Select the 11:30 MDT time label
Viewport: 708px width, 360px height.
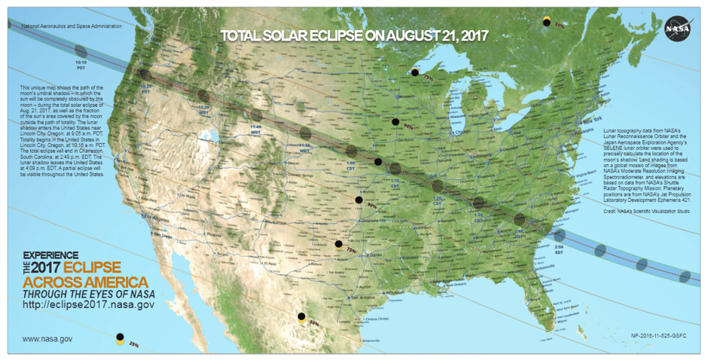click(x=203, y=109)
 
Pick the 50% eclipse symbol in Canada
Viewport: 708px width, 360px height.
click(x=548, y=23)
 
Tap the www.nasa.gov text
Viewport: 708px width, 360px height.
click(x=47, y=339)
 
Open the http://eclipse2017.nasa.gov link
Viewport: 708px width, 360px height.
click(x=89, y=304)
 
